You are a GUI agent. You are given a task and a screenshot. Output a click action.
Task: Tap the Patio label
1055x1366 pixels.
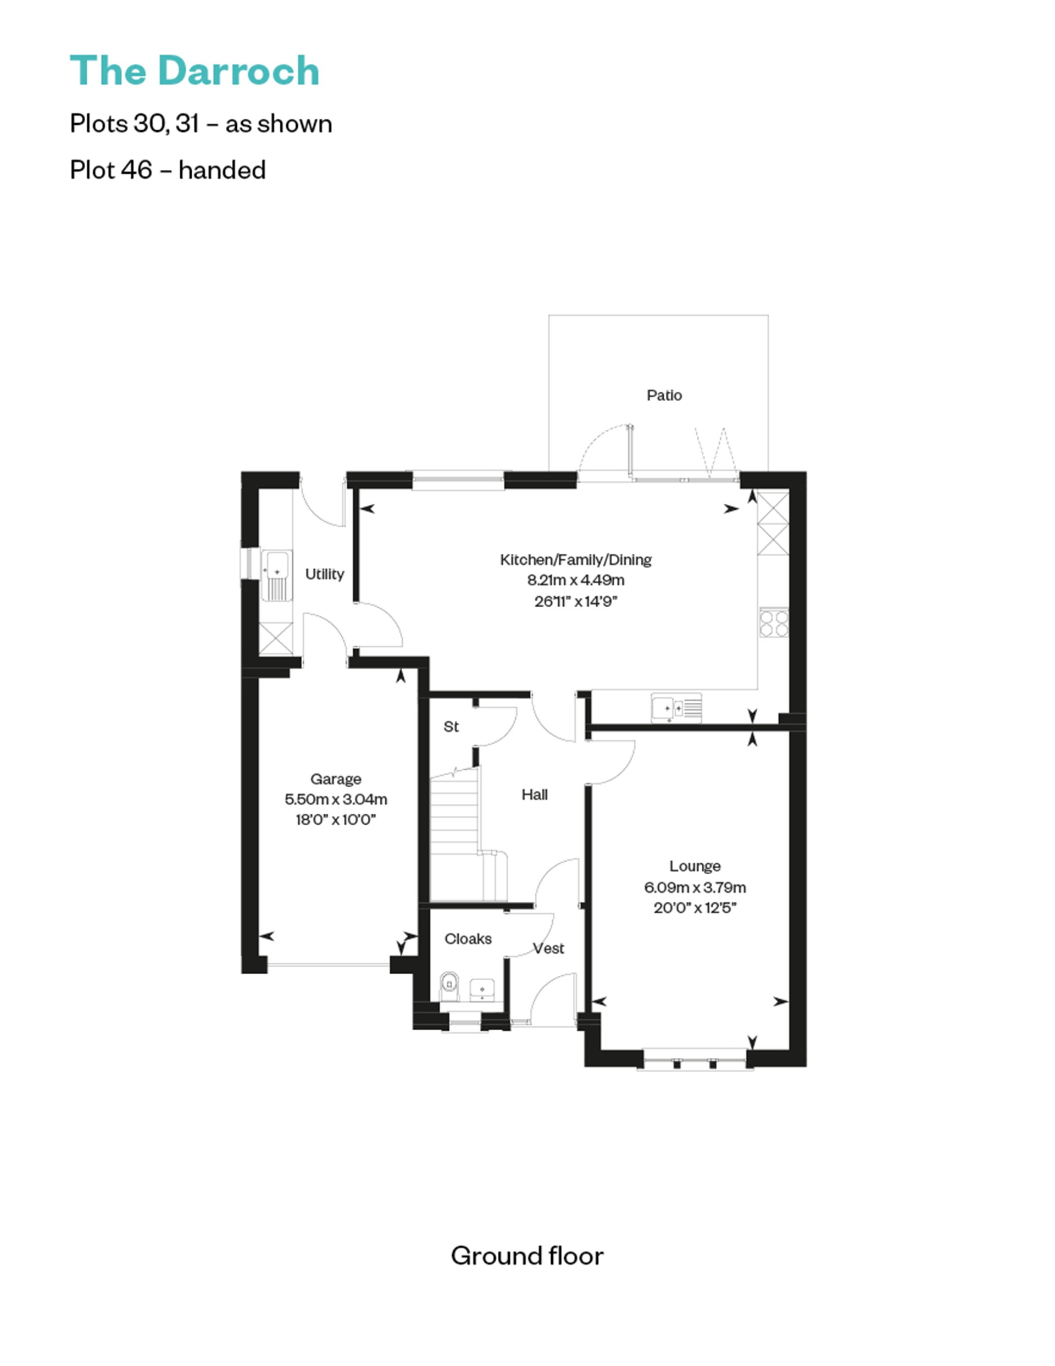664,395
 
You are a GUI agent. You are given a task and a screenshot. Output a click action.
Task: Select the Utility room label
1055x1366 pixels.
324,574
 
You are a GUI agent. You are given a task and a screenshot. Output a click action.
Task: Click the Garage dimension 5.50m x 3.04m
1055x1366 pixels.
335,799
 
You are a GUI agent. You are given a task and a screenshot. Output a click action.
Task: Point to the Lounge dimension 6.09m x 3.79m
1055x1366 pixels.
694,887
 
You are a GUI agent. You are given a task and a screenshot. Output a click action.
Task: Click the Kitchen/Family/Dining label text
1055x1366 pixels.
575,559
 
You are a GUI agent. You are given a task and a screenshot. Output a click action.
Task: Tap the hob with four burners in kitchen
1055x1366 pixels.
774,623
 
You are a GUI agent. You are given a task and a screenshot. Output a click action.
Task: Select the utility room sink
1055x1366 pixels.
275,575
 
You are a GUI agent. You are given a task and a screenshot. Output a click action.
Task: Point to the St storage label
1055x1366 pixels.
451,726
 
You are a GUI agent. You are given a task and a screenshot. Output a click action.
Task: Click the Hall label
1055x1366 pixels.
534,795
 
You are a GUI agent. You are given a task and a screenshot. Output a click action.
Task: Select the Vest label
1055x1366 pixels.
548,948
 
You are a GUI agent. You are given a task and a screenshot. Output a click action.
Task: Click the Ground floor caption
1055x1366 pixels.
526,1256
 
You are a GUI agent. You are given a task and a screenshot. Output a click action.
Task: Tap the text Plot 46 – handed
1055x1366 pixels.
168,170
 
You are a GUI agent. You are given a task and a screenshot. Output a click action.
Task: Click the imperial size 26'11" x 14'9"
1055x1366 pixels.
575,602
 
